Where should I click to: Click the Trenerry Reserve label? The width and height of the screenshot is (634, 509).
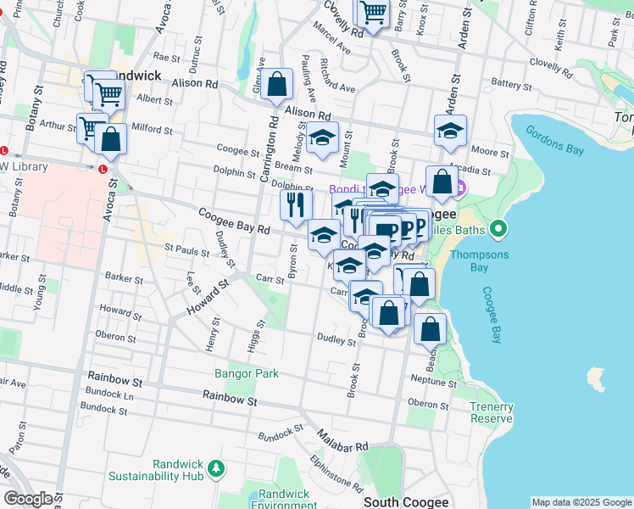point(492,412)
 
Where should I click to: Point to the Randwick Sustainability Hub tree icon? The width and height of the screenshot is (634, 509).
point(217,467)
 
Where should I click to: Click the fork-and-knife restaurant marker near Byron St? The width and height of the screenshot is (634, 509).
point(296,204)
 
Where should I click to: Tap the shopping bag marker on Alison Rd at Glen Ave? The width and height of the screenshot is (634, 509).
point(277,85)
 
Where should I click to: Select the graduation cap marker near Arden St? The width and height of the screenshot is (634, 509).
point(450,130)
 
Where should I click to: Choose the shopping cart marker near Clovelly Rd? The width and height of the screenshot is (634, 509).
point(372,14)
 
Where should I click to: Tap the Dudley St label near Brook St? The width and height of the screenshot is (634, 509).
point(336,341)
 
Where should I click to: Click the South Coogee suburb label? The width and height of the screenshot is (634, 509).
point(406,502)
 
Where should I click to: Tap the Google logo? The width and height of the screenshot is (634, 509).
point(28,499)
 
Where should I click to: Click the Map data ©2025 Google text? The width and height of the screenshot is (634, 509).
point(581,502)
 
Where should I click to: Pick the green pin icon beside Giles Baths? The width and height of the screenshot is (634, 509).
point(499,229)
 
